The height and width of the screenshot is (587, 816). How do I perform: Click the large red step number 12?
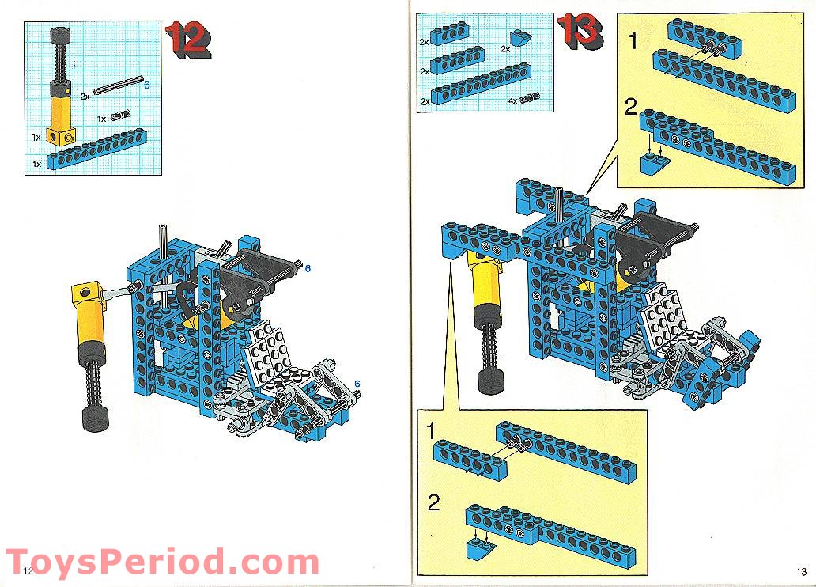coord(187,38)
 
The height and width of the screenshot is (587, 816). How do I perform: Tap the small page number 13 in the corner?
coord(801,572)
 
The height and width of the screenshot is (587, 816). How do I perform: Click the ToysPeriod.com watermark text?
coord(162,563)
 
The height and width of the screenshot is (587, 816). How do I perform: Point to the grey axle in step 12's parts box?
coord(119,85)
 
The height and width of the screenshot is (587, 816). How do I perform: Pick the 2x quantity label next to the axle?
coord(85,96)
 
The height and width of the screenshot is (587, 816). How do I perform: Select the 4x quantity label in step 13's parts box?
coord(512,101)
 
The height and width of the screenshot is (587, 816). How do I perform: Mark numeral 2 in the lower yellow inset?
coord(433,503)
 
